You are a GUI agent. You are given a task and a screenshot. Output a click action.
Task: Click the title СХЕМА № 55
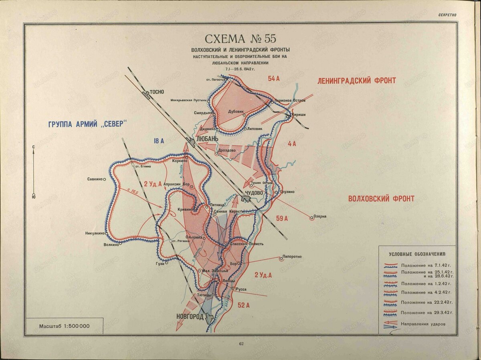tap(240, 39)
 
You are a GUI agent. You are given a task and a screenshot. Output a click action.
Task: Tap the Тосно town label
tap(157, 91)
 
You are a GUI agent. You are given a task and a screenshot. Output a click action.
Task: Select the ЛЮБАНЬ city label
tap(206, 139)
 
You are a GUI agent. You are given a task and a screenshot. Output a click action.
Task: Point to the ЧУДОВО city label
tap(253, 193)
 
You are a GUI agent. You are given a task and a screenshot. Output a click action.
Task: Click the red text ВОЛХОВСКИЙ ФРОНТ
tap(381, 198)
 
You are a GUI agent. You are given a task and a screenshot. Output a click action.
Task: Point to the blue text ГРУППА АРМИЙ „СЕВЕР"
tap(87, 124)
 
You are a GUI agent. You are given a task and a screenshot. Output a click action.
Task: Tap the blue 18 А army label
tap(159, 141)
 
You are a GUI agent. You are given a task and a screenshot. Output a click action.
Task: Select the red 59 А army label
tap(282, 218)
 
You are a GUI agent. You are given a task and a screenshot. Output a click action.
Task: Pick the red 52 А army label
tap(244, 305)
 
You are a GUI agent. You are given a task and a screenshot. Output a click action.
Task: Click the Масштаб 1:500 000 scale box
tap(64, 326)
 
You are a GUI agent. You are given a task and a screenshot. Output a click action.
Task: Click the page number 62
tap(241, 344)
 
